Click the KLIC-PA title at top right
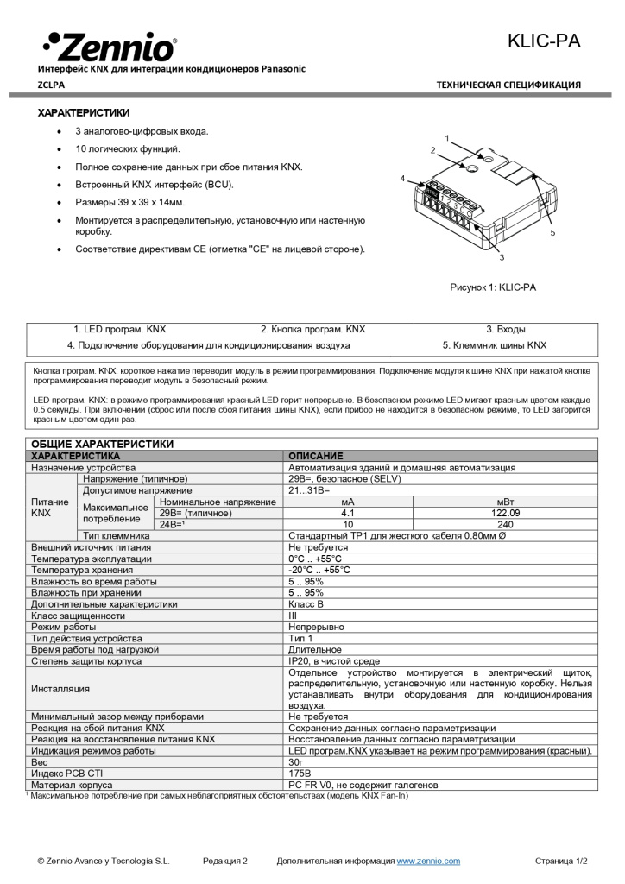coord(543,41)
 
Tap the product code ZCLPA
coord(51,85)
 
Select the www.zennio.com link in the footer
coord(428,861)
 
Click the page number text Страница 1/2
coord(561,861)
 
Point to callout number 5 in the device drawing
coord(552,232)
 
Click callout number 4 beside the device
coord(402,177)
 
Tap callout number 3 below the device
coord(502,257)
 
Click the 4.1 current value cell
coord(348,513)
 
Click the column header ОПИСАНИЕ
coord(315,456)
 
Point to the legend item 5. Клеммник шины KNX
coord(495,345)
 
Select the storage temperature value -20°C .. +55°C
coord(319,570)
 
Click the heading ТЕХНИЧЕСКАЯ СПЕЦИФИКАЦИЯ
coord(508,85)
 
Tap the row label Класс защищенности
coord(78,616)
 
